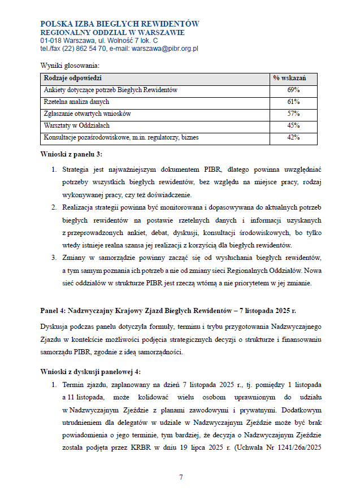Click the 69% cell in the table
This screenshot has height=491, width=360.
coord(293,90)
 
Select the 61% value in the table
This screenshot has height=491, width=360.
coord(293,102)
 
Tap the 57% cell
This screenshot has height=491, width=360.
coord(293,114)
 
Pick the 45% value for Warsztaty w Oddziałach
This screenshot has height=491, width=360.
coord(293,125)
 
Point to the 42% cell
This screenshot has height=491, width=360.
coord(293,137)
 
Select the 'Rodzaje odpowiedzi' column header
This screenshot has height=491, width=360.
coord(72,78)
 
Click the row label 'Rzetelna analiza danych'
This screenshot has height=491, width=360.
coord(76,102)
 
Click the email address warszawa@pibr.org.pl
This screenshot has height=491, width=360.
coord(165,49)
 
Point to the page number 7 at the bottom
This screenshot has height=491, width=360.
coord(181,477)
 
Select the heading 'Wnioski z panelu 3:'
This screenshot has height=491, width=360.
coord(71,154)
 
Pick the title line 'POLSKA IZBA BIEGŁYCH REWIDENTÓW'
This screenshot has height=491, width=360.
coord(120,24)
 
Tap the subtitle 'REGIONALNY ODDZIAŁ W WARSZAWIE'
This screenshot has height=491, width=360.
coord(108,33)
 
